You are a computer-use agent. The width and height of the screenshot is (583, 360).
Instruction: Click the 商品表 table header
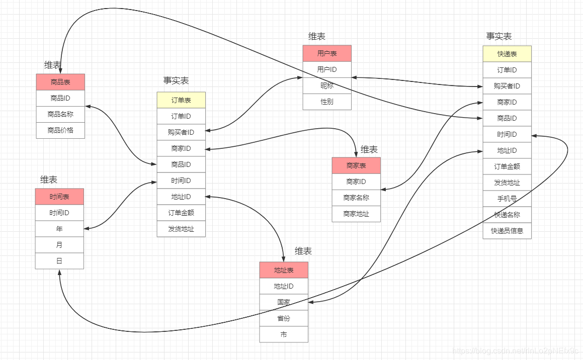point(60,82)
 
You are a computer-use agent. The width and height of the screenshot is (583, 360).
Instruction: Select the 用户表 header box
point(327,53)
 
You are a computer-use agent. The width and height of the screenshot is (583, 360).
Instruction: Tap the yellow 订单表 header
point(181,100)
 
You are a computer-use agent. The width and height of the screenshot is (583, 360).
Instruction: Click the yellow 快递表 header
point(507,54)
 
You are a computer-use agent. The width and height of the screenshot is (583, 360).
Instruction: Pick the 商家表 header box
point(356,165)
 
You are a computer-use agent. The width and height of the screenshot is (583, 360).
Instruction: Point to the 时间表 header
point(59,197)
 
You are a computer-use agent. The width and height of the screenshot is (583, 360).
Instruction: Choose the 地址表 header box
point(284,270)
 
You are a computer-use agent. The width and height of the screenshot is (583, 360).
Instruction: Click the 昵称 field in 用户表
point(327,85)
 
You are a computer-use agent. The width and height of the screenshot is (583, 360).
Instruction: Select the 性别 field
point(327,102)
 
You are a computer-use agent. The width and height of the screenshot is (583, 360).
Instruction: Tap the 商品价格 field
point(60,130)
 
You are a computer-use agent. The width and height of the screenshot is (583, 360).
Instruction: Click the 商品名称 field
point(60,114)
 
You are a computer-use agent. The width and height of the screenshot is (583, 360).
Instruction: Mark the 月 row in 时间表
point(59,245)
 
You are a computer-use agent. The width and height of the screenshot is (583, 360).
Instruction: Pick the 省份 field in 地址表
point(284,318)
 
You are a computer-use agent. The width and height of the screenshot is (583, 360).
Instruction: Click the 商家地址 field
point(356,214)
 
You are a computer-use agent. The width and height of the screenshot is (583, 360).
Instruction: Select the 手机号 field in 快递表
point(507,199)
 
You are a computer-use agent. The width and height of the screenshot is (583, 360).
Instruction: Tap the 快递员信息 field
point(507,231)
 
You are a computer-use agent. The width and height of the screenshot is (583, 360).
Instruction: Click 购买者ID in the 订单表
point(181,132)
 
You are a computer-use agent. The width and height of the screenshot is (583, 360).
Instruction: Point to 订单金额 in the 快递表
point(507,166)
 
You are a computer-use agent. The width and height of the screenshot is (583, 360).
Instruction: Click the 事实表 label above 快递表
point(499,36)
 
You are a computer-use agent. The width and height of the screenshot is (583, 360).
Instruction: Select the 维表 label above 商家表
point(369,149)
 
